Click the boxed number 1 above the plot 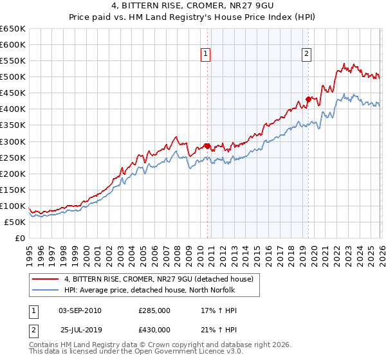pos(206,54)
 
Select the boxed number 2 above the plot pos(306,54)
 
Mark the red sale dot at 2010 pos(207,146)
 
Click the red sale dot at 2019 pos(308,99)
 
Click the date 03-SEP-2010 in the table pos(80,310)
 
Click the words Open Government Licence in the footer pos(174,354)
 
